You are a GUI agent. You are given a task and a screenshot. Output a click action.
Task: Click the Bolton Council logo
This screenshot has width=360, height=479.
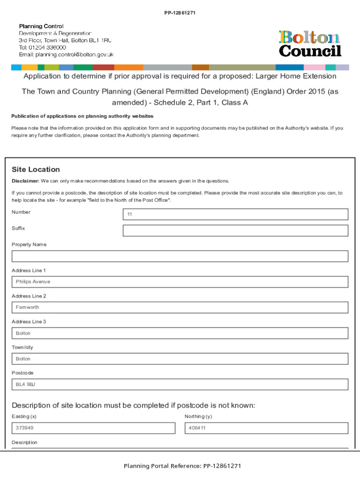coord(310,44)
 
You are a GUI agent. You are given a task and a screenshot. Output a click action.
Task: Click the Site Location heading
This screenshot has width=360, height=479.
coord(36,169)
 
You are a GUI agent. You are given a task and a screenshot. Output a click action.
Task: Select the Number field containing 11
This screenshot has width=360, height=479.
coord(235,214)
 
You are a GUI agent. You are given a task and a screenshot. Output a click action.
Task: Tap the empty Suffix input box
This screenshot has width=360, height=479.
coord(235,231)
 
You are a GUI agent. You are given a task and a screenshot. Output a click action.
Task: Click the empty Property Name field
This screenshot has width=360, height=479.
coord(180,256)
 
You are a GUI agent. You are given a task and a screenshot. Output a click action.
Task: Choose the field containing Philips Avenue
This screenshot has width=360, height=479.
coord(180,282)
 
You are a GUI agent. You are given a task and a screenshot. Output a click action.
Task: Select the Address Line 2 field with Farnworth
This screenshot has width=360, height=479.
coord(180,307)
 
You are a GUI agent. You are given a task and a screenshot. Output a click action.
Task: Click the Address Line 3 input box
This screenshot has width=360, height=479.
coord(180,333)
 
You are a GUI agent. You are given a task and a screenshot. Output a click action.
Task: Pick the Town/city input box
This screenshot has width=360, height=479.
coord(180,359)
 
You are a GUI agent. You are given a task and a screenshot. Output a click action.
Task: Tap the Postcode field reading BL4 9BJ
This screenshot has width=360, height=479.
coord(180,385)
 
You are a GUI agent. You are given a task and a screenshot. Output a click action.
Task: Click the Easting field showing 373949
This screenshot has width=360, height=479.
coord(94,428)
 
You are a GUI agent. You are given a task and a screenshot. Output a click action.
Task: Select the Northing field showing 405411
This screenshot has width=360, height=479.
coord(266,428)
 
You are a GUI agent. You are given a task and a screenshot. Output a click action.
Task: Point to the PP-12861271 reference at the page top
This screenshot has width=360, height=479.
coord(180,13)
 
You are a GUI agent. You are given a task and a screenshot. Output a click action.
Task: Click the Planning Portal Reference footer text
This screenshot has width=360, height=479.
coord(182,466)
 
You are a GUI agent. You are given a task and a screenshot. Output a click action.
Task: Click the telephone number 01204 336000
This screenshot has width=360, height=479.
coord(47,47)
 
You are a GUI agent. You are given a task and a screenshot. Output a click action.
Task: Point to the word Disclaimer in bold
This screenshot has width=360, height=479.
coord(25,181)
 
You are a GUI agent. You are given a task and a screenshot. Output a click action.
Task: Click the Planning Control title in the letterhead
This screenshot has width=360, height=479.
coord(41,26)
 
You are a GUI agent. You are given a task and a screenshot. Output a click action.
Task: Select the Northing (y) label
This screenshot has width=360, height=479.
coord(198,416)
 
